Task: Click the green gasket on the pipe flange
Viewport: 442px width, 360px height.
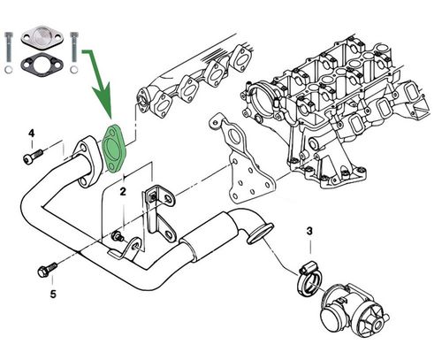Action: [116, 149]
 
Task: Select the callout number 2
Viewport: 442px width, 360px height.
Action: [124, 190]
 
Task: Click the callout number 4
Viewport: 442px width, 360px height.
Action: [31, 134]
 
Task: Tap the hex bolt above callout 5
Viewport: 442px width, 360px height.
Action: [45, 265]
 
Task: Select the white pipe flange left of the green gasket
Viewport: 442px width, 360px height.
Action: [89, 157]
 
